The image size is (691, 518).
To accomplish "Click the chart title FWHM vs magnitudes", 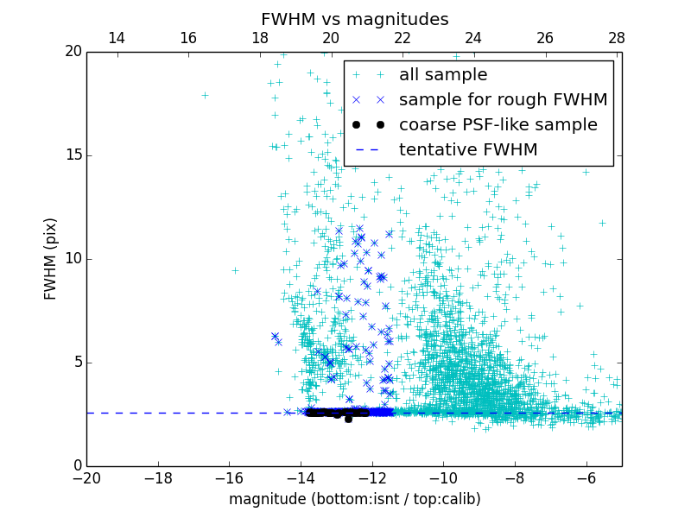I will [x=354, y=19].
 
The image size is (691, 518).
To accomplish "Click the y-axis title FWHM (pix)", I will [x=50, y=259].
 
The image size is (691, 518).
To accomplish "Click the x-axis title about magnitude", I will [x=354, y=499].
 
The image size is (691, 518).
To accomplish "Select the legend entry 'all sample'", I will [x=443, y=75].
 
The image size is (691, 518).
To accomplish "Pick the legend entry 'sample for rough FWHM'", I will [x=503, y=100].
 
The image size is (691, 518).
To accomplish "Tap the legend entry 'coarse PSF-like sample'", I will [x=498, y=125].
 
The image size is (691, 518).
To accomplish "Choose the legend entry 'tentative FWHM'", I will [x=467, y=150].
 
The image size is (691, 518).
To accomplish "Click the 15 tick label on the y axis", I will [x=73, y=155].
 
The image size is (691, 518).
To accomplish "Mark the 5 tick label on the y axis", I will [x=76, y=363].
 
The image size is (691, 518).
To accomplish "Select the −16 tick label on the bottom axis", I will [x=229, y=477].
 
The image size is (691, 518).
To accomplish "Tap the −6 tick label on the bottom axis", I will [x=586, y=477].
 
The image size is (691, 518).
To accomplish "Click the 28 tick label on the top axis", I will [x=616, y=38].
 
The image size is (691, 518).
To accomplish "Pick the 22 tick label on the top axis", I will [x=402, y=38].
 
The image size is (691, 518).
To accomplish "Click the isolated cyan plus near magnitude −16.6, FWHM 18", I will [x=205, y=95].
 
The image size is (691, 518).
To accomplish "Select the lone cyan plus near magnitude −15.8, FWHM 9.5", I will [x=235, y=270].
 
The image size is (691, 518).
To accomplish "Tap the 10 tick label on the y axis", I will [x=73, y=259].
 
